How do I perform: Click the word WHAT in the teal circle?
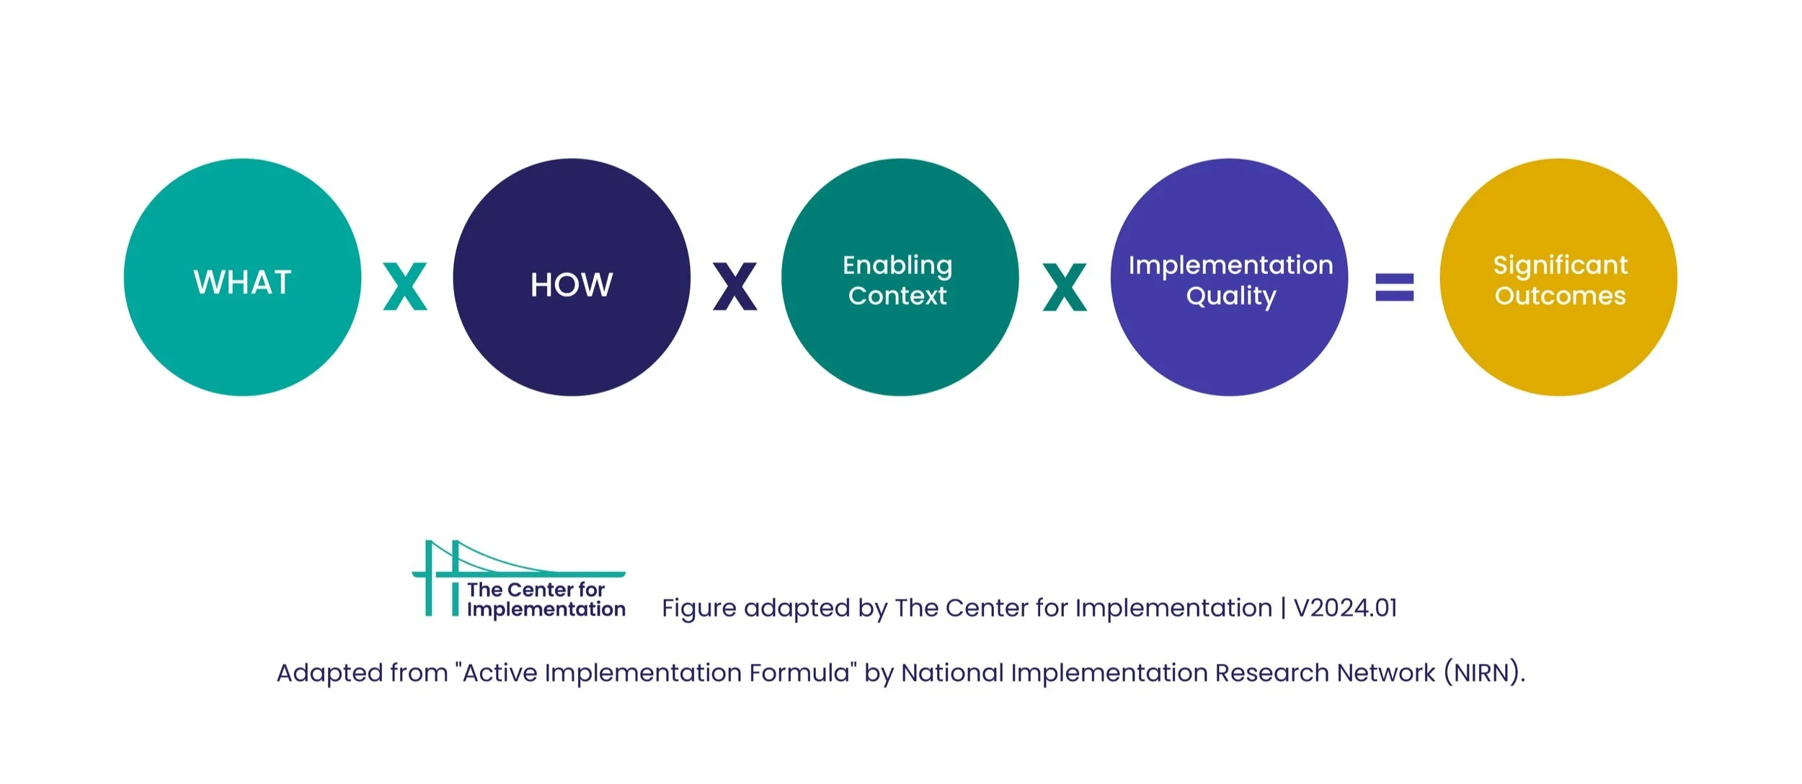click(242, 282)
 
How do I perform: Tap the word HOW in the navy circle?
click(572, 285)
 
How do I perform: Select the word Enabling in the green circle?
click(897, 265)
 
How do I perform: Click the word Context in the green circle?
click(897, 296)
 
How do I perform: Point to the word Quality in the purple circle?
click(1231, 296)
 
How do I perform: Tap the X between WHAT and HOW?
click(405, 286)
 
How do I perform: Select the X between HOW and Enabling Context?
click(735, 286)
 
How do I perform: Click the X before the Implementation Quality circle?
click(1065, 286)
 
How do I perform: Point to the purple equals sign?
click(1395, 286)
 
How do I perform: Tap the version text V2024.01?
click(1346, 608)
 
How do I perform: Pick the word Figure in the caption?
click(698, 609)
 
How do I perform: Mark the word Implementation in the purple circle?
click(1231, 265)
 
